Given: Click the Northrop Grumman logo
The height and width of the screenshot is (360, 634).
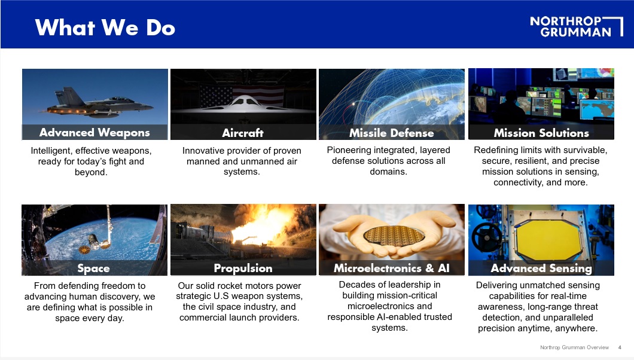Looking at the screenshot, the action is point(576,27).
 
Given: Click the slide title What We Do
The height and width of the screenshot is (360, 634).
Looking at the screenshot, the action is point(105,28).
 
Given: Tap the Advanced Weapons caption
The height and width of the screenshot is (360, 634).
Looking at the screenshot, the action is point(95,133).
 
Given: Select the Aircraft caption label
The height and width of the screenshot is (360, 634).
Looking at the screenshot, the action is point(243,133).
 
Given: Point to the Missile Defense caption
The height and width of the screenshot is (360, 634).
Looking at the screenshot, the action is point(391,133).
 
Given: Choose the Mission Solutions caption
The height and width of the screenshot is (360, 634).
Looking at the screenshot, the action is point(541,133).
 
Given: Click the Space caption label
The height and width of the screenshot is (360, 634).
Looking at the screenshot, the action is point(93,269).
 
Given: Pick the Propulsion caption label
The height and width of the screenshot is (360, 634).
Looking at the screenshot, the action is point(243,269).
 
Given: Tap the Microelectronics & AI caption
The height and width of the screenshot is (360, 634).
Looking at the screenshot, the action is point(391,268).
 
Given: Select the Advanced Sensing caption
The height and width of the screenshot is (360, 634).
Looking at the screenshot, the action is point(541,269).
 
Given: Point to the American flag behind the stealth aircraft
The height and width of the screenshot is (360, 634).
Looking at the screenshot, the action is point(242,95).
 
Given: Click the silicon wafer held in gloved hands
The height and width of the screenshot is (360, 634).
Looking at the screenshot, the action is point(394,236).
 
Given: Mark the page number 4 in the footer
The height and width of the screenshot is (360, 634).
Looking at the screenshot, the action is point(620,347).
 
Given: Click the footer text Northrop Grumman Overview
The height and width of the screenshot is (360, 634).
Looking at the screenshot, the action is point(574,347).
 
